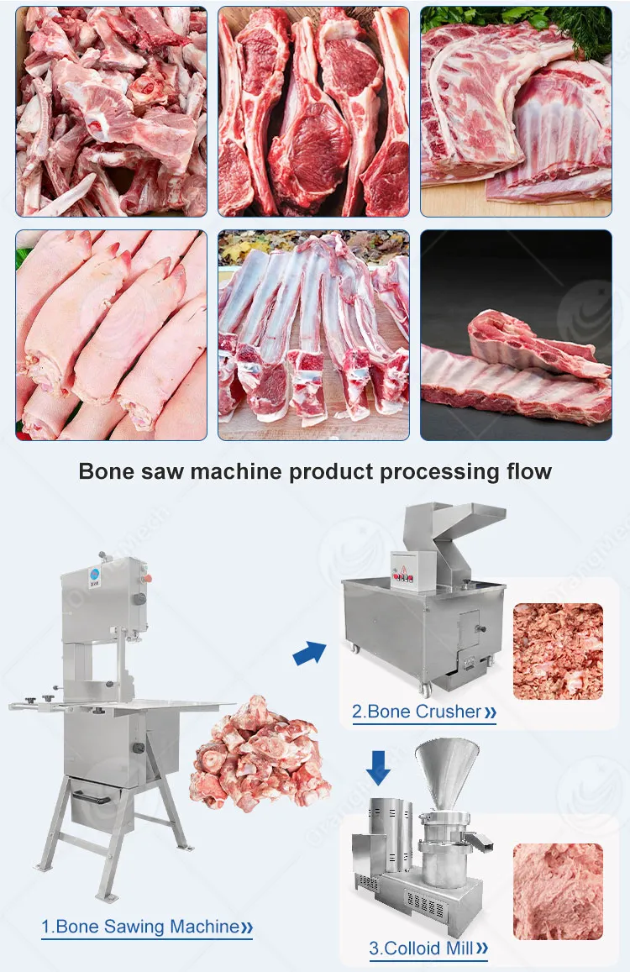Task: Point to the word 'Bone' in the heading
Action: click(107, 471)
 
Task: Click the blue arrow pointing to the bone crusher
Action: click(309, 653)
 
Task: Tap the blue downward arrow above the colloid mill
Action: click(378, 768)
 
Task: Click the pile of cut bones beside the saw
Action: click(260, 753)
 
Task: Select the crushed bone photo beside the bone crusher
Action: click(558, 651)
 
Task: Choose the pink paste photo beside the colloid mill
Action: click(558, 891)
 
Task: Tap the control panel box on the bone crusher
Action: click(412, 570)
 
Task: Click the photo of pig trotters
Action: click(111, 335)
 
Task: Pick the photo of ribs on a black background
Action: click(516, 335)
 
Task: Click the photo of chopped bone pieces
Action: click(111, 112)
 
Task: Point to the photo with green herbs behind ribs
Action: click(516, 112)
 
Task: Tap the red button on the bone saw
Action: click(149, 578)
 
